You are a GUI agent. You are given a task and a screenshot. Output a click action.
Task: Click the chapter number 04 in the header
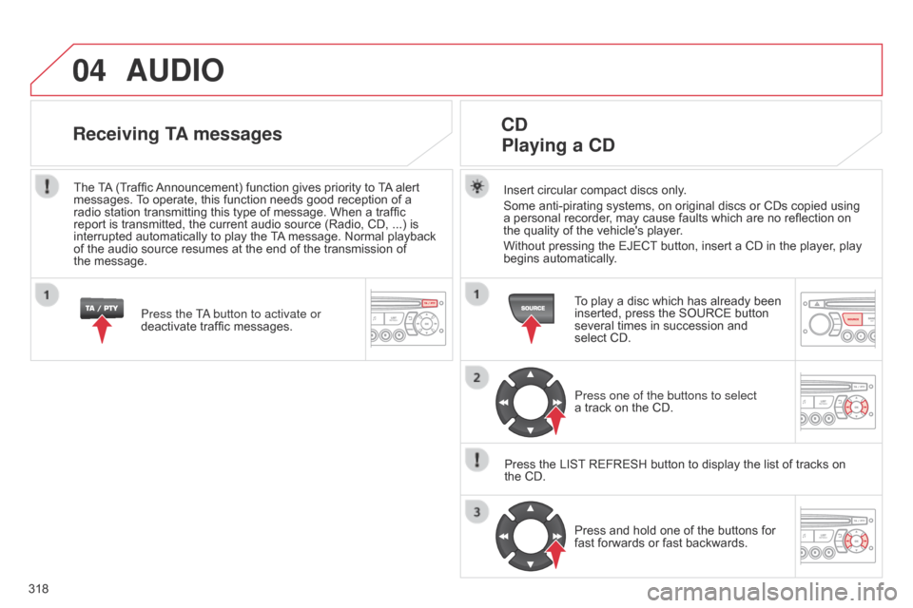pyautogui.click(x=89, y=70)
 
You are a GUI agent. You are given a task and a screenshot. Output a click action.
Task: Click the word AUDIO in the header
pyautogui.click(x=175, y=70)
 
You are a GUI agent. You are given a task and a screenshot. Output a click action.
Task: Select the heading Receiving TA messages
pyautogui.click(x=178, y=134)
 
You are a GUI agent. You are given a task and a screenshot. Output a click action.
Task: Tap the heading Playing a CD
pyautogui.click(x=558, y=144)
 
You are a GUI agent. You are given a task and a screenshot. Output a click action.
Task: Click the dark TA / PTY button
pyautogui.click(x=102, y=308)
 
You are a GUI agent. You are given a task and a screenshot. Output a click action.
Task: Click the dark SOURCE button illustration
pyautogui.click(x=532, y=308)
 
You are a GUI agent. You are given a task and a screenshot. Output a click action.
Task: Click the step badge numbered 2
pyautogui.click(x=476, y=377)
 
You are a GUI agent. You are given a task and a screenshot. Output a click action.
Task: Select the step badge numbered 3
pyautogui.click(x=476, y=512)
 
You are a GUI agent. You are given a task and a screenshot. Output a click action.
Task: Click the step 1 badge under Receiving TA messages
pyautogui.click(x=47, y=295)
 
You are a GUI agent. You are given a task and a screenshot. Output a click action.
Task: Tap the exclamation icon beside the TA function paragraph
pyautogui.click(x=47, y=186)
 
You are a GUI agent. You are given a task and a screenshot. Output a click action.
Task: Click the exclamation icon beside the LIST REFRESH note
pyautogui.click(x=476, y=460)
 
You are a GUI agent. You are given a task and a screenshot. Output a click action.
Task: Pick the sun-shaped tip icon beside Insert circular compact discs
pyautogui.click(x=476, y=187)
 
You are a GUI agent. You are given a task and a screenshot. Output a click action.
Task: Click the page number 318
pyautogui.click(x=38, y=589)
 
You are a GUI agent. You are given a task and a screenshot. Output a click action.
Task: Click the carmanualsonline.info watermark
pyautogui.click(x=772, y=592)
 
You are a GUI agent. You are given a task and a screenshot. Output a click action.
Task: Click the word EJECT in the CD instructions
pyautogui.click(x=637, y=246)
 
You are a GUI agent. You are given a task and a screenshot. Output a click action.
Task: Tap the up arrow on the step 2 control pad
pyautogui.click(x=531, y=374)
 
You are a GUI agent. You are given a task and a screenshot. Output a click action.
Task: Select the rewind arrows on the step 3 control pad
pyautogui.click(x=504, y=537)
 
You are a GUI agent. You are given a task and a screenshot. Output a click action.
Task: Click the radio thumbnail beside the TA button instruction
pyautogui.click(x=408, y=319)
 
